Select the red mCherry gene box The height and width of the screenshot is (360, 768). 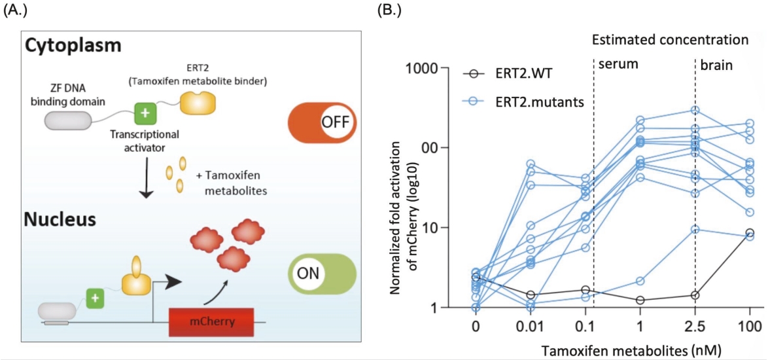pyautogui.click(x=211, y=322)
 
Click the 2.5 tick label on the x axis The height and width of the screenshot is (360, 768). pyautogui.click(x=695, y=325)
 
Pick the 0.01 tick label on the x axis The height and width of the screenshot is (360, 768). pyautogui.click(x=531, y=325)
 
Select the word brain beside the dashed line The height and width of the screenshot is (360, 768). pyautogui.click(x=717, y=65)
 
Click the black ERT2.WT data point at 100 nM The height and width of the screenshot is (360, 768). pyautogui.click(x=750, y=232)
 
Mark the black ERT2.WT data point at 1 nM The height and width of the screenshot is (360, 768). pyautogui.click(x=640, y=300)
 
